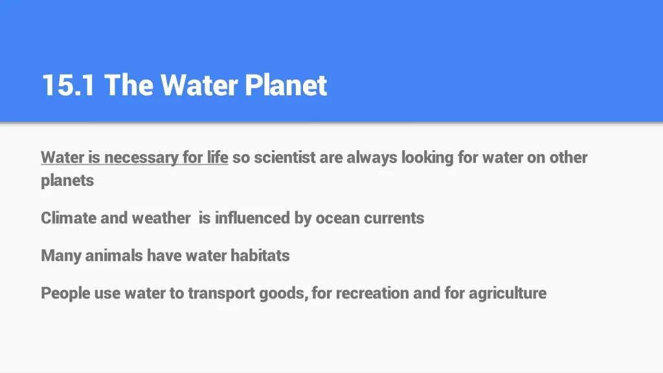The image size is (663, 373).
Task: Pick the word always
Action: click(x=372, y=157)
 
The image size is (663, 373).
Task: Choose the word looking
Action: click(x=427, y=157)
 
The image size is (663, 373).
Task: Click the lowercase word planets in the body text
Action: click(x=67, y=180)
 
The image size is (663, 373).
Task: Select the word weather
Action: click(x=161, y=218)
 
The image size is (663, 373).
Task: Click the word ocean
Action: click(x=337, y=218)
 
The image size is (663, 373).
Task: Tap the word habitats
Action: click(x=260, y=256)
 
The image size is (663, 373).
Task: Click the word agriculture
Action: click(x=507, y=293)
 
